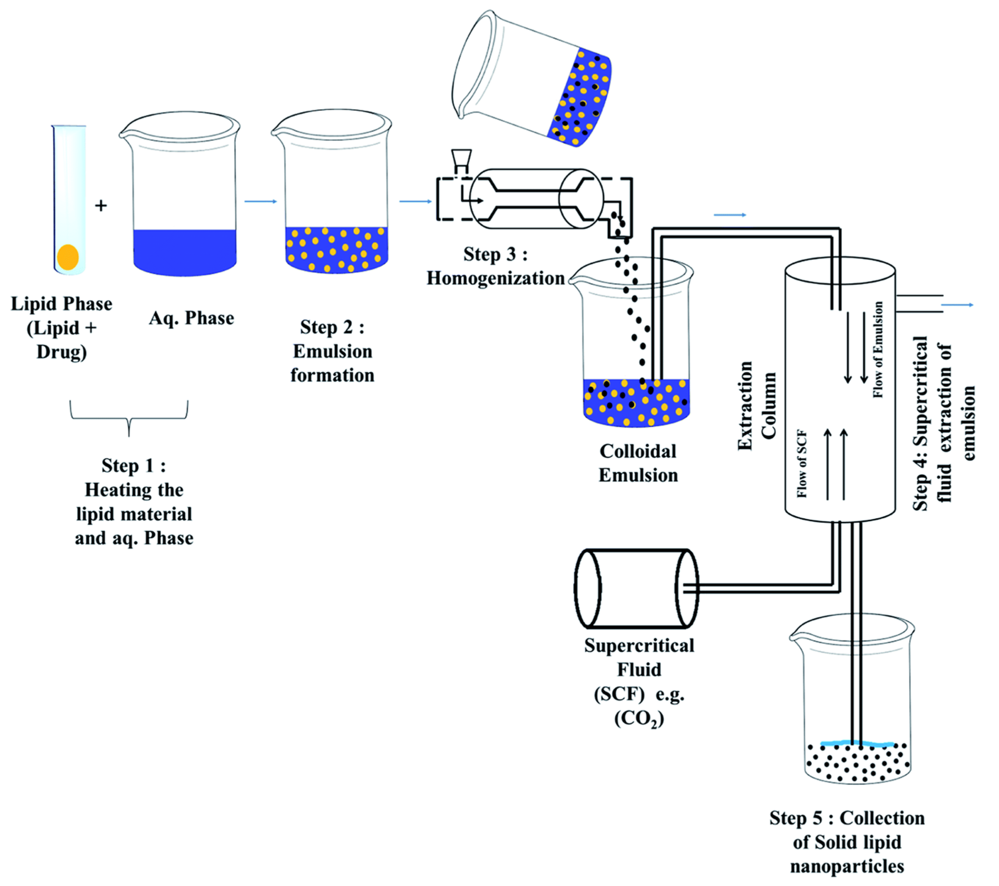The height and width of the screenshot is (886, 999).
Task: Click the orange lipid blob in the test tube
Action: pyautogui.click(x=68, y=257)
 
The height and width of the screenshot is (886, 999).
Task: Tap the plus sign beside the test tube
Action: pyautogui.click(x=101, y=206)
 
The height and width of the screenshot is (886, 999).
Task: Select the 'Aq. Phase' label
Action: pyautogui.click(x=192, y=318)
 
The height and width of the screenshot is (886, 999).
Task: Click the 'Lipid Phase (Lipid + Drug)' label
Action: pyautogui.click(x=62, y=328)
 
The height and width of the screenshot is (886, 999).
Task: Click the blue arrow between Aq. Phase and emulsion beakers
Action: pyautogui.click(x=260, y=201)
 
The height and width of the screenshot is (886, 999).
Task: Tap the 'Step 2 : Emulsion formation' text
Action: pyautogui.click(x=332, y=351)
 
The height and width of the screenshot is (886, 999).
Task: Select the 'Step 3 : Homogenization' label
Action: pyautogui.click(x=495, y=266)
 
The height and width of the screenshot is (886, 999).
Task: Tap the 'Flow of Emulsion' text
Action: pyautogui.click(x=878, y=350)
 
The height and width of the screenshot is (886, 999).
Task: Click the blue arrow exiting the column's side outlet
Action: pyautogui.click(x=957, y=305)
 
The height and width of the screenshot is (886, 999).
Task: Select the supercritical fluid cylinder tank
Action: pyautogui.click(x=637, y=589)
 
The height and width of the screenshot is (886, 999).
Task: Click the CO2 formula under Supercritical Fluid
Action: pyautogui.click(x=639, y=719)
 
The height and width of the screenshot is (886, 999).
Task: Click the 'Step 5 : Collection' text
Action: pyautogui.click(x=846, y=818)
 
